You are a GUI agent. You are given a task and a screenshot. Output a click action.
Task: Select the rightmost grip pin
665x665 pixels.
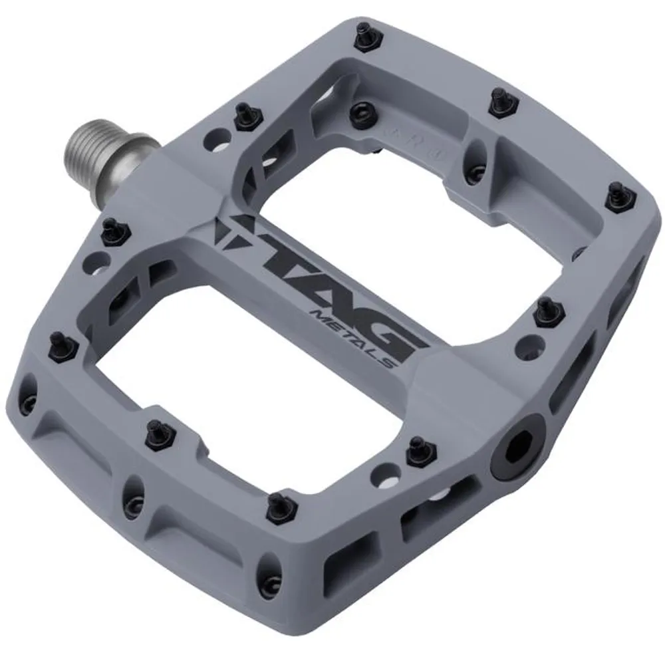pyautogui.click(x=616, y=197)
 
